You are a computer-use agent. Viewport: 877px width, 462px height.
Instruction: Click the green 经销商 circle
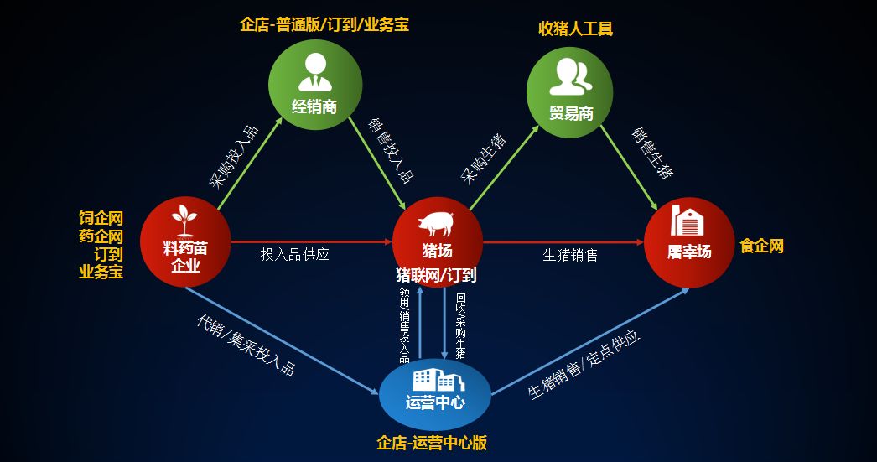[314, 84]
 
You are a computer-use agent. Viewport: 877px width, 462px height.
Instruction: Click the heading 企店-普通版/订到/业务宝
[324, 25]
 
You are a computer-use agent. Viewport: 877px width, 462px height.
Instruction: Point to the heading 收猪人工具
[575, 29]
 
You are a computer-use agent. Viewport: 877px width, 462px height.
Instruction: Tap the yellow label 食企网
[761, 247]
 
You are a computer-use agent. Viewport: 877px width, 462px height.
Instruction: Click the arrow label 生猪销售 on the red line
[570, 255]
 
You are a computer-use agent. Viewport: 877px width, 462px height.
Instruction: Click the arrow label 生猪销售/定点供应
[584, 364]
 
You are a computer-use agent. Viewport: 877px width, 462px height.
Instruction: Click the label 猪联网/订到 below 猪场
[436, 274]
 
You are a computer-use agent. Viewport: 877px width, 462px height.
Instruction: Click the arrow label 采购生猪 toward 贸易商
[484, 158]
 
